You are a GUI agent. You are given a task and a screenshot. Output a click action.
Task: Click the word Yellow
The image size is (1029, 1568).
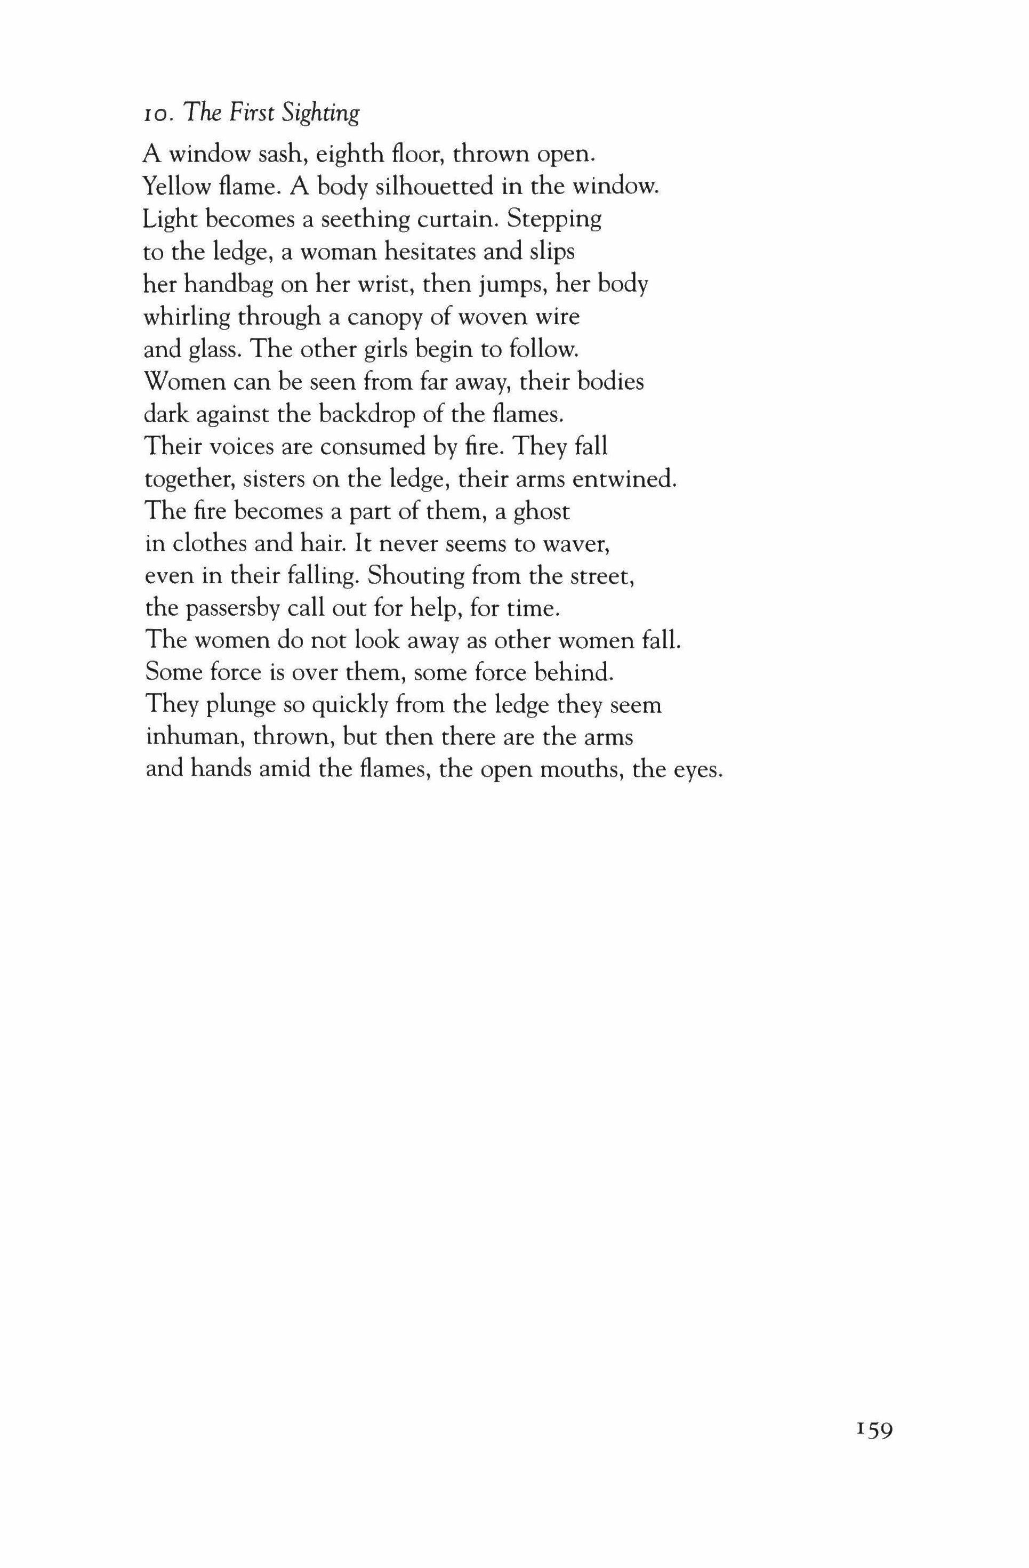click(x=171, y=187)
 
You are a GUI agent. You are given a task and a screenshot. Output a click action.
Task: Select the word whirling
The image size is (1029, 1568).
click(x=187, y=318)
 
